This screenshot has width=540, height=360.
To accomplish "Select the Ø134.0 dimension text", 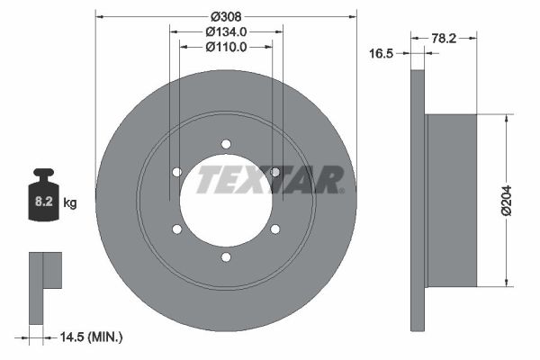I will pos(226,32).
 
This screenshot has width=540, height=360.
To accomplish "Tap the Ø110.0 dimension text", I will pos(226,48).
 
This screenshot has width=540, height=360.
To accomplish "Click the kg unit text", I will pos(70,203).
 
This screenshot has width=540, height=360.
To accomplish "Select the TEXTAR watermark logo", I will pos(270,179).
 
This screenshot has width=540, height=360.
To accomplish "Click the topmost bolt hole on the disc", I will pos(226,144).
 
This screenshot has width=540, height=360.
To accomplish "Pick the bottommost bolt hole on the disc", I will pos(226,257).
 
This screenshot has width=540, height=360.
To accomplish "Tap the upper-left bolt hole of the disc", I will pos(177,172).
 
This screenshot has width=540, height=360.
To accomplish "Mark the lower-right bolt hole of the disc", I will pos(274,229).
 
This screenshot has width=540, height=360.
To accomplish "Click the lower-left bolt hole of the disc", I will pos(177,229).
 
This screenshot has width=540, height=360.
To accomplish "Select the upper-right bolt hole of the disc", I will pos(274,172).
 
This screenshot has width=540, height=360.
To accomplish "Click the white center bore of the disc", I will pos(225,216).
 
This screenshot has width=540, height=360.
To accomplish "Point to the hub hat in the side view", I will pos(450,201).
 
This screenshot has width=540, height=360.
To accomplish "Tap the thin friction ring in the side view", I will pos(417,201).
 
